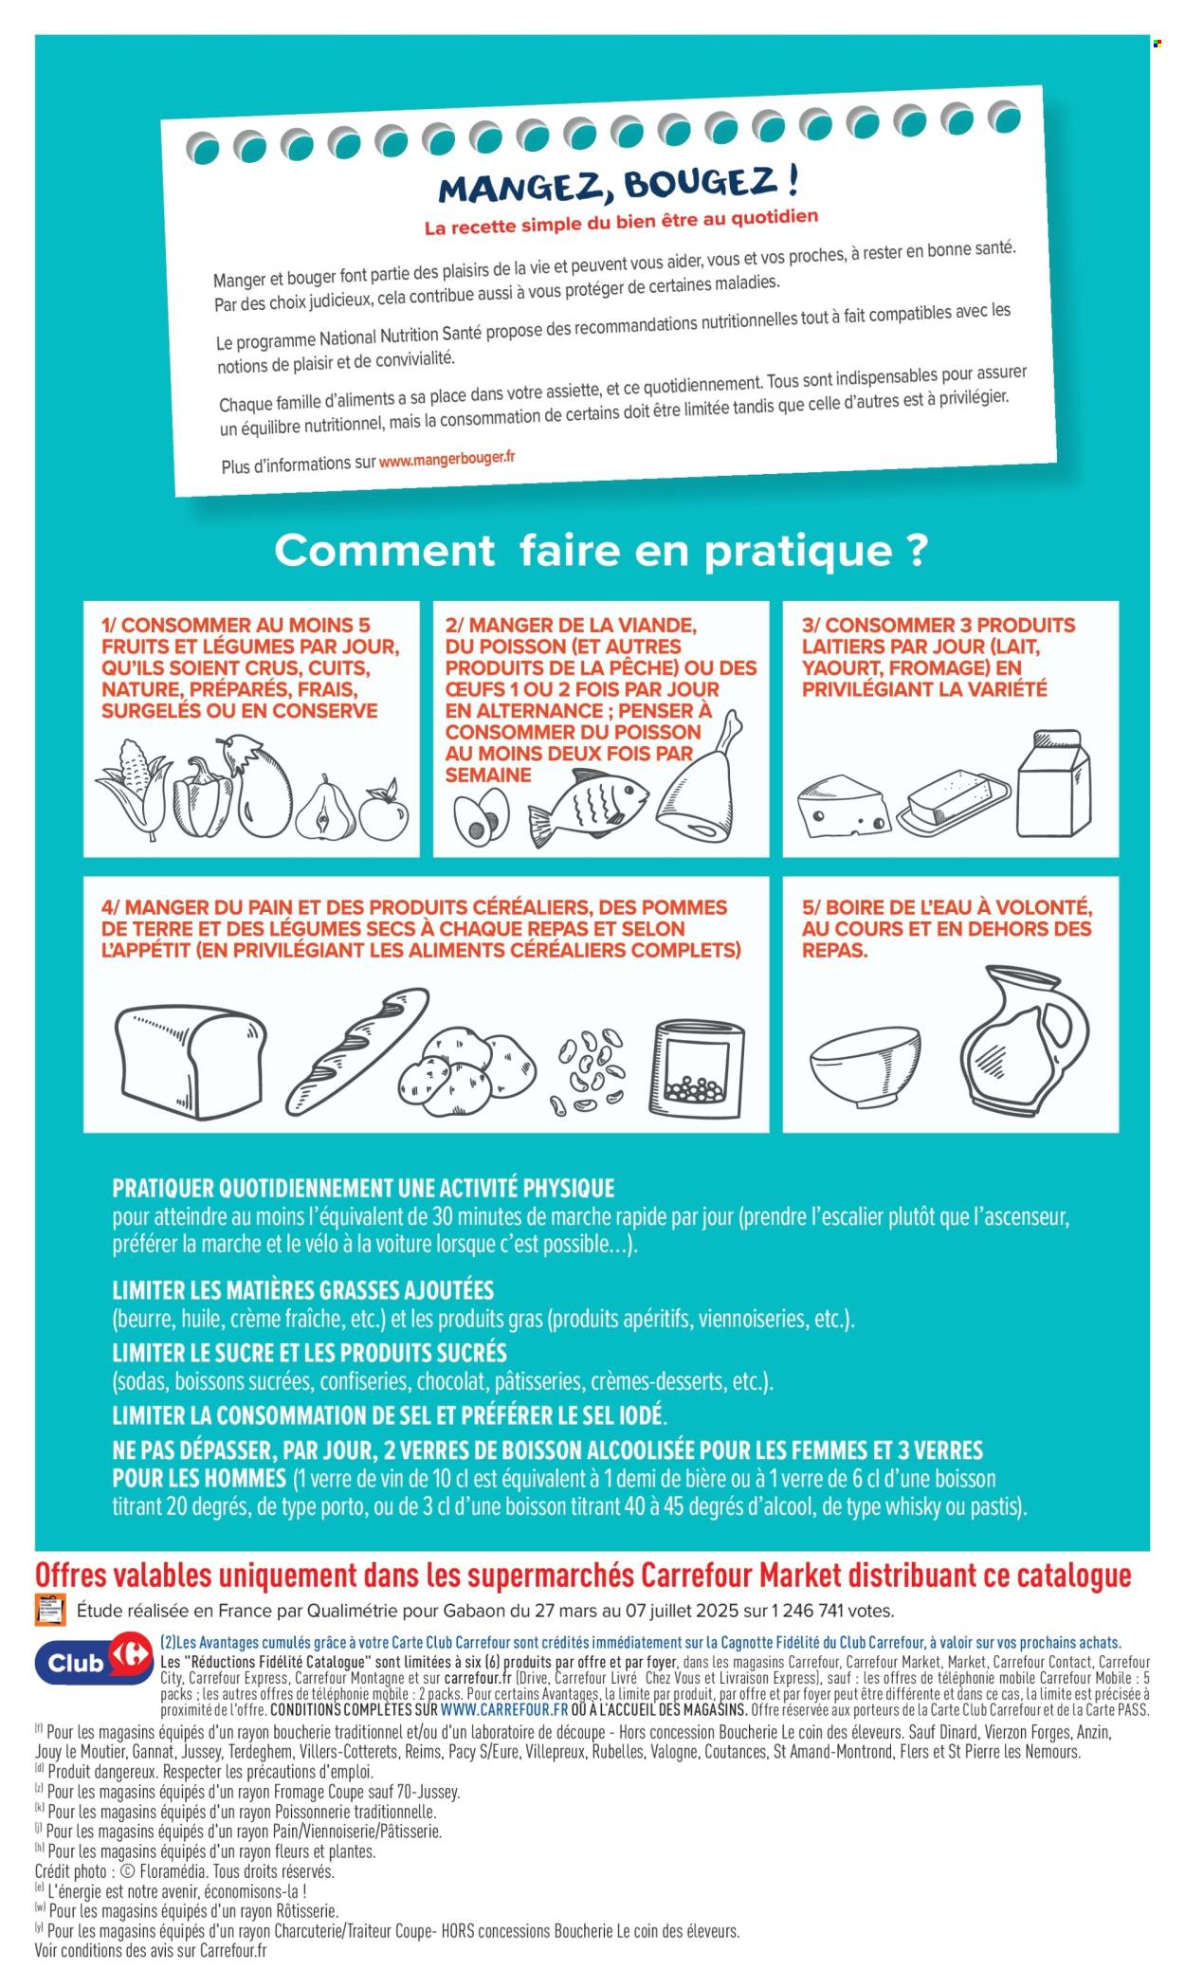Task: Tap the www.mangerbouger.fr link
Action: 447,460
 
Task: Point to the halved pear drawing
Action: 323,810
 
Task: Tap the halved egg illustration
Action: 481,816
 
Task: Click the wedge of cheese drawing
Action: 843,807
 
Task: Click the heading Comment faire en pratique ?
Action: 601,551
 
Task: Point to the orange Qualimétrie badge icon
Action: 50,1610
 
